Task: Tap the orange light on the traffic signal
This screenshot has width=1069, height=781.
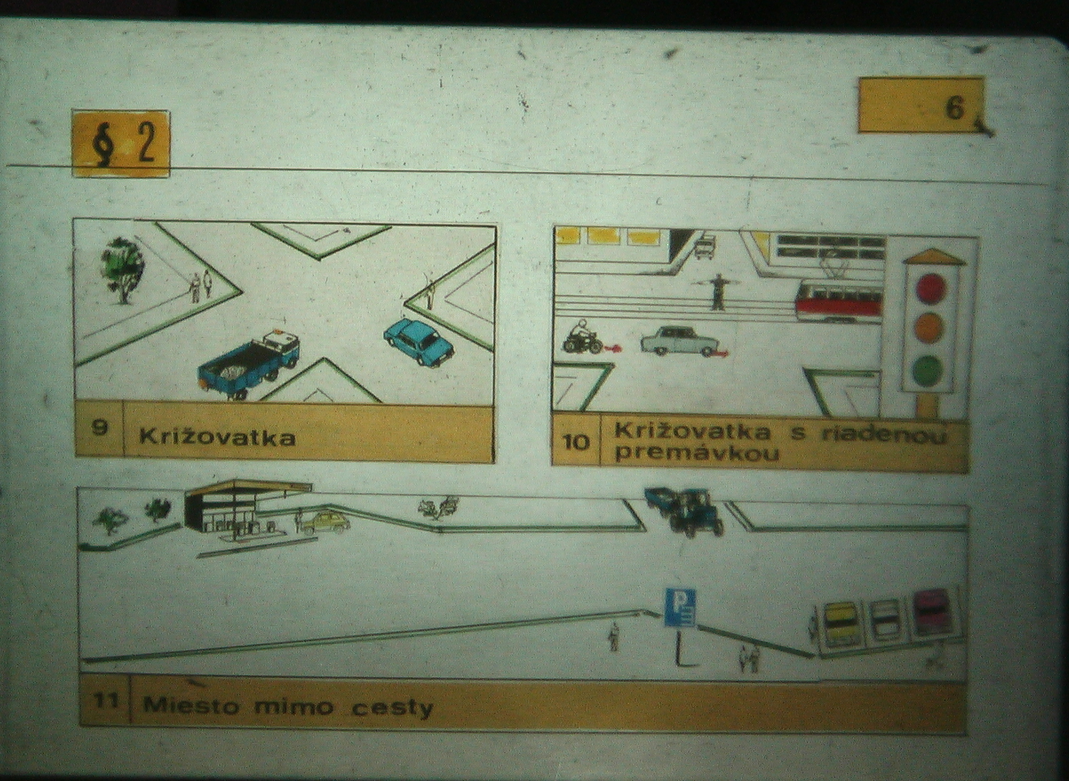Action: (930, 328)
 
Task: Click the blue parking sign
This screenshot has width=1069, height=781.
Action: (680, 608)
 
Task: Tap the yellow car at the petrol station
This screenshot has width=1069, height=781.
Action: (324, 522)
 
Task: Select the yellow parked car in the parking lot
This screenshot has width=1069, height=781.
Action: (840, 624)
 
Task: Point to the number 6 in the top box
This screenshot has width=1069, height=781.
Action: (955, 109)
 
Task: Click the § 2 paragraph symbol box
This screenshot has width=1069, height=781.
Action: (121, 144)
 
